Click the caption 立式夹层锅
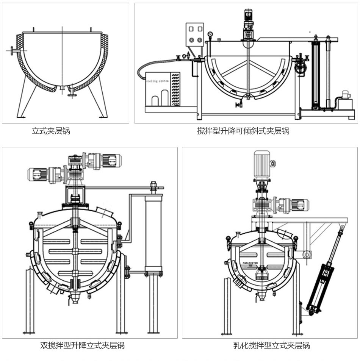coord(51,131)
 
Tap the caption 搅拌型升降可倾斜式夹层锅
coord(243,131)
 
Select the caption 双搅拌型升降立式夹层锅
coord(82,345)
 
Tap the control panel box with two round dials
coord(194,34)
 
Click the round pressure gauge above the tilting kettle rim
coord(210,35)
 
